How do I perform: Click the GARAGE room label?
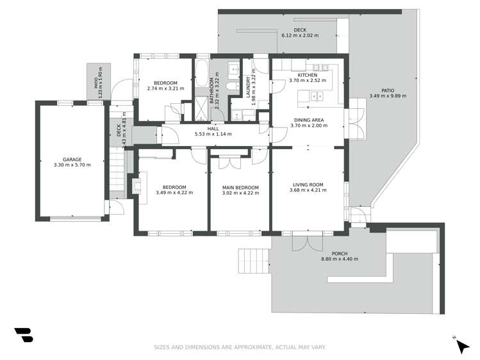[72, 160]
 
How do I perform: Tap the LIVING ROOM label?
[308, 184]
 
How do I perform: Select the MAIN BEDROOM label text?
[240, 188]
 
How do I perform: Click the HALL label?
[213, 129]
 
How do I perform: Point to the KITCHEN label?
[308, 75]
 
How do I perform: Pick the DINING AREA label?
[309, 120]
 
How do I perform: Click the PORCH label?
[340, 254]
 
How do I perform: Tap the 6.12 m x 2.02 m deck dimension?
[300, 35]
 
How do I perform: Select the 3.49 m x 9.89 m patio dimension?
[388, 95]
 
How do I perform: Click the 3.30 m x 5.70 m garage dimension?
[72, 165]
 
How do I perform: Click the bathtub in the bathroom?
[201, 74]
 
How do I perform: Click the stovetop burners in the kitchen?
[321, 67]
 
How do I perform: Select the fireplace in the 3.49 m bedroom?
[137, 186]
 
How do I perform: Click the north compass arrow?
[463, 347]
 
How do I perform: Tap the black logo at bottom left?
[24, 335]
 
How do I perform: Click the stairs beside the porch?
[254, 261]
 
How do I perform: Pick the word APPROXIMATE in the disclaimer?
[253, 347]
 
